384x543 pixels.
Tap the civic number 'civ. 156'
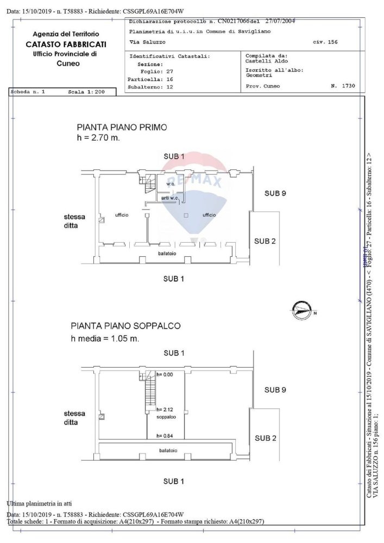[x=325, y=42]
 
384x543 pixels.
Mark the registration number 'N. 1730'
[x=343, y=86]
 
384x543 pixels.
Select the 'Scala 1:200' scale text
[x=86, y=92]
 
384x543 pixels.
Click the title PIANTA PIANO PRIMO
[x=122, y=128]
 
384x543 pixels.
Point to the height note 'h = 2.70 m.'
[x=98, y=138]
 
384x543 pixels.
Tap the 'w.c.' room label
[x=171, y=185]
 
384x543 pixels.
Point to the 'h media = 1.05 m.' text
[x=105, y=339]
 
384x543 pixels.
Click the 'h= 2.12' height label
[x=164, y=409]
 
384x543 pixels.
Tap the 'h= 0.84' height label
[x=164, y=436]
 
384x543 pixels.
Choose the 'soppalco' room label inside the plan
[x=166, y=417]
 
